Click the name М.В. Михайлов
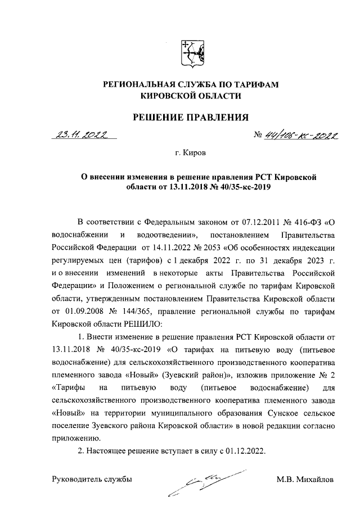304,479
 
